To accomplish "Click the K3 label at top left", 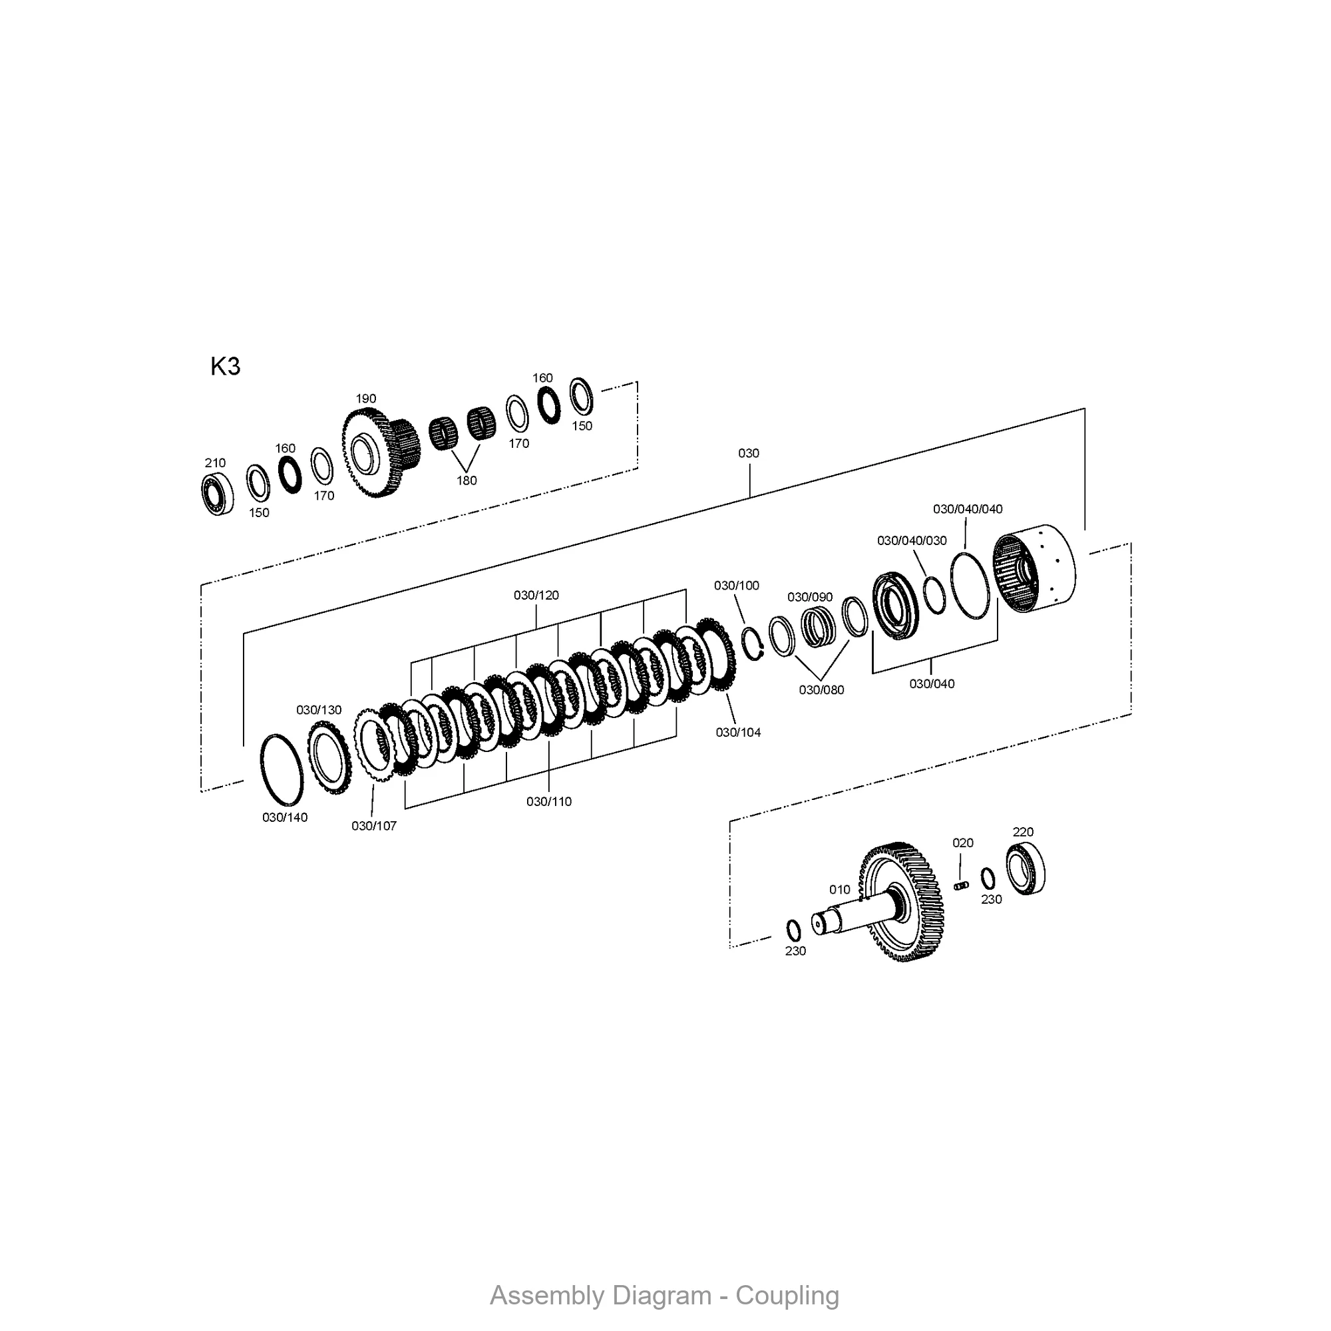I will click(x=226, y=367).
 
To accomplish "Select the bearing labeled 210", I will click(x=218, y=494).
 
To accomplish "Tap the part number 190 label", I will click(x=366, y=399).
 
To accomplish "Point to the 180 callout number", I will click(x=467, y=481).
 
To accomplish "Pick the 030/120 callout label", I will click(x=536, y=595).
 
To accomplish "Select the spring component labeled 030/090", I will click(x=818, y=627).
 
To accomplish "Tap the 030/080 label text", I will click(x=821, y=689).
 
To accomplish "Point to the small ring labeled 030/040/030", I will click(x=934, y=595).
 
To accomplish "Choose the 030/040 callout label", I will click(x=932, y=683).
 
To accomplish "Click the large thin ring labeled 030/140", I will click(x=282, y=769).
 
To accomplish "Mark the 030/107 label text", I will click(x=374, y=826).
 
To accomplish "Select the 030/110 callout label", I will click(x=549, y=802).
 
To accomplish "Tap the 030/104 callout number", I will click(x=738, y=732).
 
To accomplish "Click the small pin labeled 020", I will click(x=962, y=885).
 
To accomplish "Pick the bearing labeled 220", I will click(x=1025, y=869).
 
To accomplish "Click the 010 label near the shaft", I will click(x=840, y=889).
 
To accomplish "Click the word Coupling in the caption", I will click(x=787, y=1295).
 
